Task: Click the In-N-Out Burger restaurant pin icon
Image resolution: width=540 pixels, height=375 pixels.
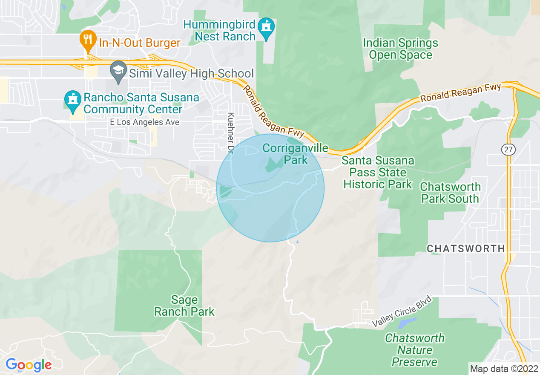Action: pyautogui.click(x=87, y=40)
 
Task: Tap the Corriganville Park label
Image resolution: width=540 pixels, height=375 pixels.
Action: pyautogui.click(x=296, y=154)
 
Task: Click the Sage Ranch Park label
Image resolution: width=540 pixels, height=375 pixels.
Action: pyautogui.click(x=184, y=306)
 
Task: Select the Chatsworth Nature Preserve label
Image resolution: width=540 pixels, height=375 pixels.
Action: pyautogui.click(x=414, y=350)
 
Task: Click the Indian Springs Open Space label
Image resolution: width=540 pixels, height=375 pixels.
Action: pyautogui.click(x=400, y=49)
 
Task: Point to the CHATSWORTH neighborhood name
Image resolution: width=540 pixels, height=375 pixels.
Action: pyautogui.click(x=466, y=248)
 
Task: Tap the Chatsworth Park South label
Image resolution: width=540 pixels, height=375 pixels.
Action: pyautogui.click(x=450, y=193)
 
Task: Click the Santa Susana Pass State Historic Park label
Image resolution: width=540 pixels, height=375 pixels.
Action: pyautogui.click(x=378, y=173)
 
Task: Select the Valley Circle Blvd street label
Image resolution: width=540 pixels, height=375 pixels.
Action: pyautogui.click(x=402, y=312)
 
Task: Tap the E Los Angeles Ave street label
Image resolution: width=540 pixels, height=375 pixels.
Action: pyautogui.click(x=144, y=122)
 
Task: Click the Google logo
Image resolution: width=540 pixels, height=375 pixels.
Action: pyautogui.click(x=29, y=365)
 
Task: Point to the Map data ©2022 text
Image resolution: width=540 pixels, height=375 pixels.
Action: pyautogui.click(x=503, y=369)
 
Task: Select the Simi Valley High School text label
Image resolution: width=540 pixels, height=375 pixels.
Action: pyautogui.click(x=191, y=73)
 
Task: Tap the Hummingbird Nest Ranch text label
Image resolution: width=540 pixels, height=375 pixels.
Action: pyautogui.click(x=220, y=30)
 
